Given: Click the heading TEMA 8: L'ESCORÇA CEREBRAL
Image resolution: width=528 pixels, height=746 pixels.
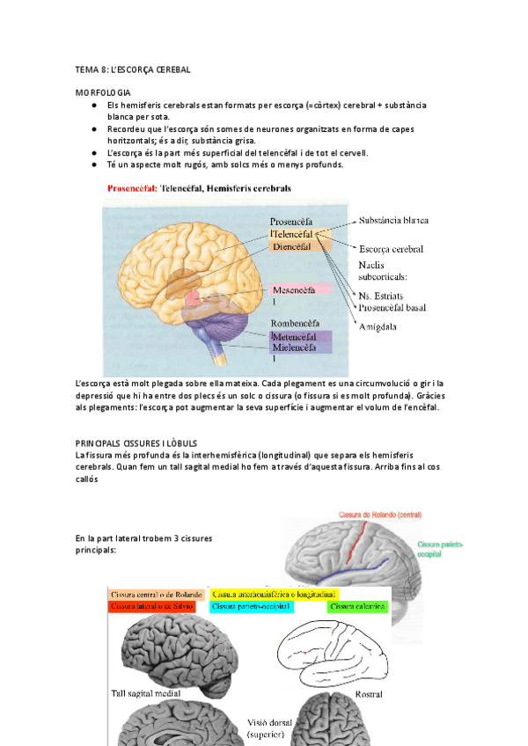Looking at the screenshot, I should pos(132,69).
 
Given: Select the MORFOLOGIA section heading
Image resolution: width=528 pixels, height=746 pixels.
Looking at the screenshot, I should pos(104,91).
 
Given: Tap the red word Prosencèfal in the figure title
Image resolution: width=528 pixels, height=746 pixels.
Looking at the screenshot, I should pos(132,187).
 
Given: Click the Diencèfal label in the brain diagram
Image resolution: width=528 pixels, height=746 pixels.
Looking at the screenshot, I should pos(291,247).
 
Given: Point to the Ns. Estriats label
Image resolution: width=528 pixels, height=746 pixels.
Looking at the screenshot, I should pos(385,295).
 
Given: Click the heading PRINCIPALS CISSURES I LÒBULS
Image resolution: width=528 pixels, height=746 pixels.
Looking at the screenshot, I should pos(136,442).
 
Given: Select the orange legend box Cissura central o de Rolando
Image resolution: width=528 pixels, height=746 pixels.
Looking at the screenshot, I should pos(158,595).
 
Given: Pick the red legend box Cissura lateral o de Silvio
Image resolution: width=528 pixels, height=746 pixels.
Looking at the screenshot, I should pos(158,606).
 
